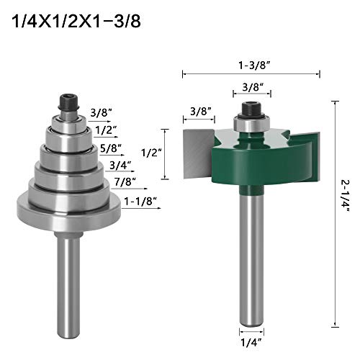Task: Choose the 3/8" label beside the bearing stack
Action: [x=102, y=112]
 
